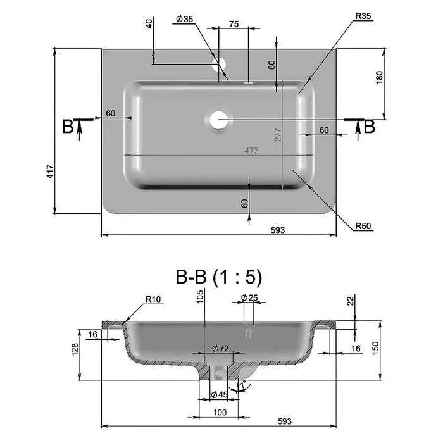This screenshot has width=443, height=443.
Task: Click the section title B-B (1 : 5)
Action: click(219, 277)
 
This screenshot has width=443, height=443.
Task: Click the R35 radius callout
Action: click(363, 16)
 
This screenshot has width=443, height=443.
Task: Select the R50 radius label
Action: click(363, 226)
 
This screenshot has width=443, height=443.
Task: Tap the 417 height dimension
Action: click(50, 172)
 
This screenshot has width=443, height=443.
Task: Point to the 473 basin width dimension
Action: click(251, 151)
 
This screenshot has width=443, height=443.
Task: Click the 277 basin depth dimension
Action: click(278, 135)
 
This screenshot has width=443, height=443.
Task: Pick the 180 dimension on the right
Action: click(380, 77)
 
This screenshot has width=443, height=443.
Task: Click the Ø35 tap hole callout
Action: click(184, 19)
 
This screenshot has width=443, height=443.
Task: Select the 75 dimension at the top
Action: click(234, 24)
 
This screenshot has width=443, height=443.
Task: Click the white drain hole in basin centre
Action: click(219, 120)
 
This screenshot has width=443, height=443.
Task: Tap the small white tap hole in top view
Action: click(219, 65)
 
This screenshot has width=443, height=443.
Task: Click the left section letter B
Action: click(68, 127)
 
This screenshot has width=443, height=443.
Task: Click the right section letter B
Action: click(369, 127)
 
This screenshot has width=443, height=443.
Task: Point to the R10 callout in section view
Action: click(153, 299)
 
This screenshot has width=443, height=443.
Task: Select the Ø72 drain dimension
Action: click(220, 348)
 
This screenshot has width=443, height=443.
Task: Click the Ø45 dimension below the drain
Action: click(219, 395)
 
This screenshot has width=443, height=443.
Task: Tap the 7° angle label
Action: click(242, 385)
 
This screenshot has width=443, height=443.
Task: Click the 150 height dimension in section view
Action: click(375, 348)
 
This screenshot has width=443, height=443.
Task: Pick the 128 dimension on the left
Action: click(75, 349)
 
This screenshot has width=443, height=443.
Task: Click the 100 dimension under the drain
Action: click(220, 413)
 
